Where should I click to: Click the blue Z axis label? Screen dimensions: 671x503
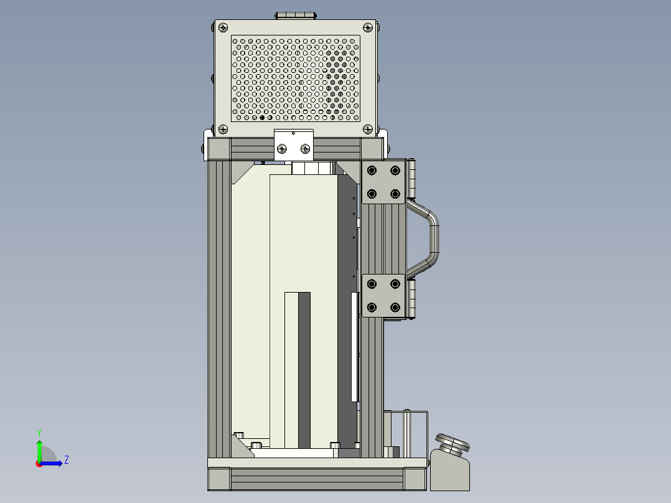[67, 460]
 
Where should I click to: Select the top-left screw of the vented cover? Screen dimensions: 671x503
[223, 28]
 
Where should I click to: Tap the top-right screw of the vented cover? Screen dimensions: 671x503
[368, 28]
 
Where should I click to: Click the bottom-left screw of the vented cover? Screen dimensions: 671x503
[223, 129]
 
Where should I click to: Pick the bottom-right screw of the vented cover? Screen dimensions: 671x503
[368, 129]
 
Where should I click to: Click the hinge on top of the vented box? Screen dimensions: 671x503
[296, 16]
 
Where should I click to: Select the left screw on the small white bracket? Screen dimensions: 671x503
[282, 149]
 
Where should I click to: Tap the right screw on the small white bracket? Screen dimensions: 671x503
[305, 149]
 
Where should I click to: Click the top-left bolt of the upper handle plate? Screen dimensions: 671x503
[372, 171]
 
